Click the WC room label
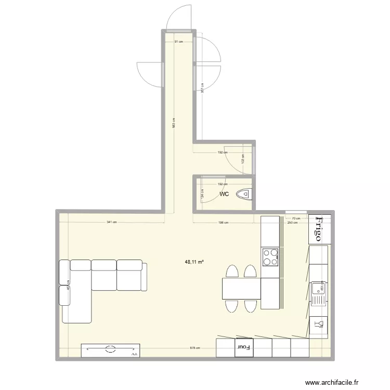tap(224, 194)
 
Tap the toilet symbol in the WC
tap(243, 194)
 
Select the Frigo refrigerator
tap(319, 229)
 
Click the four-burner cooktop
tap(270, 256)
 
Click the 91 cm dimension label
tap(178, 42)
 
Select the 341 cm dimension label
tap(111, 222)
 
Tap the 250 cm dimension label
tap(292, 223)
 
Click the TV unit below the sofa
tap(111, 350)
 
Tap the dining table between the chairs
tap(241, 289)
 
